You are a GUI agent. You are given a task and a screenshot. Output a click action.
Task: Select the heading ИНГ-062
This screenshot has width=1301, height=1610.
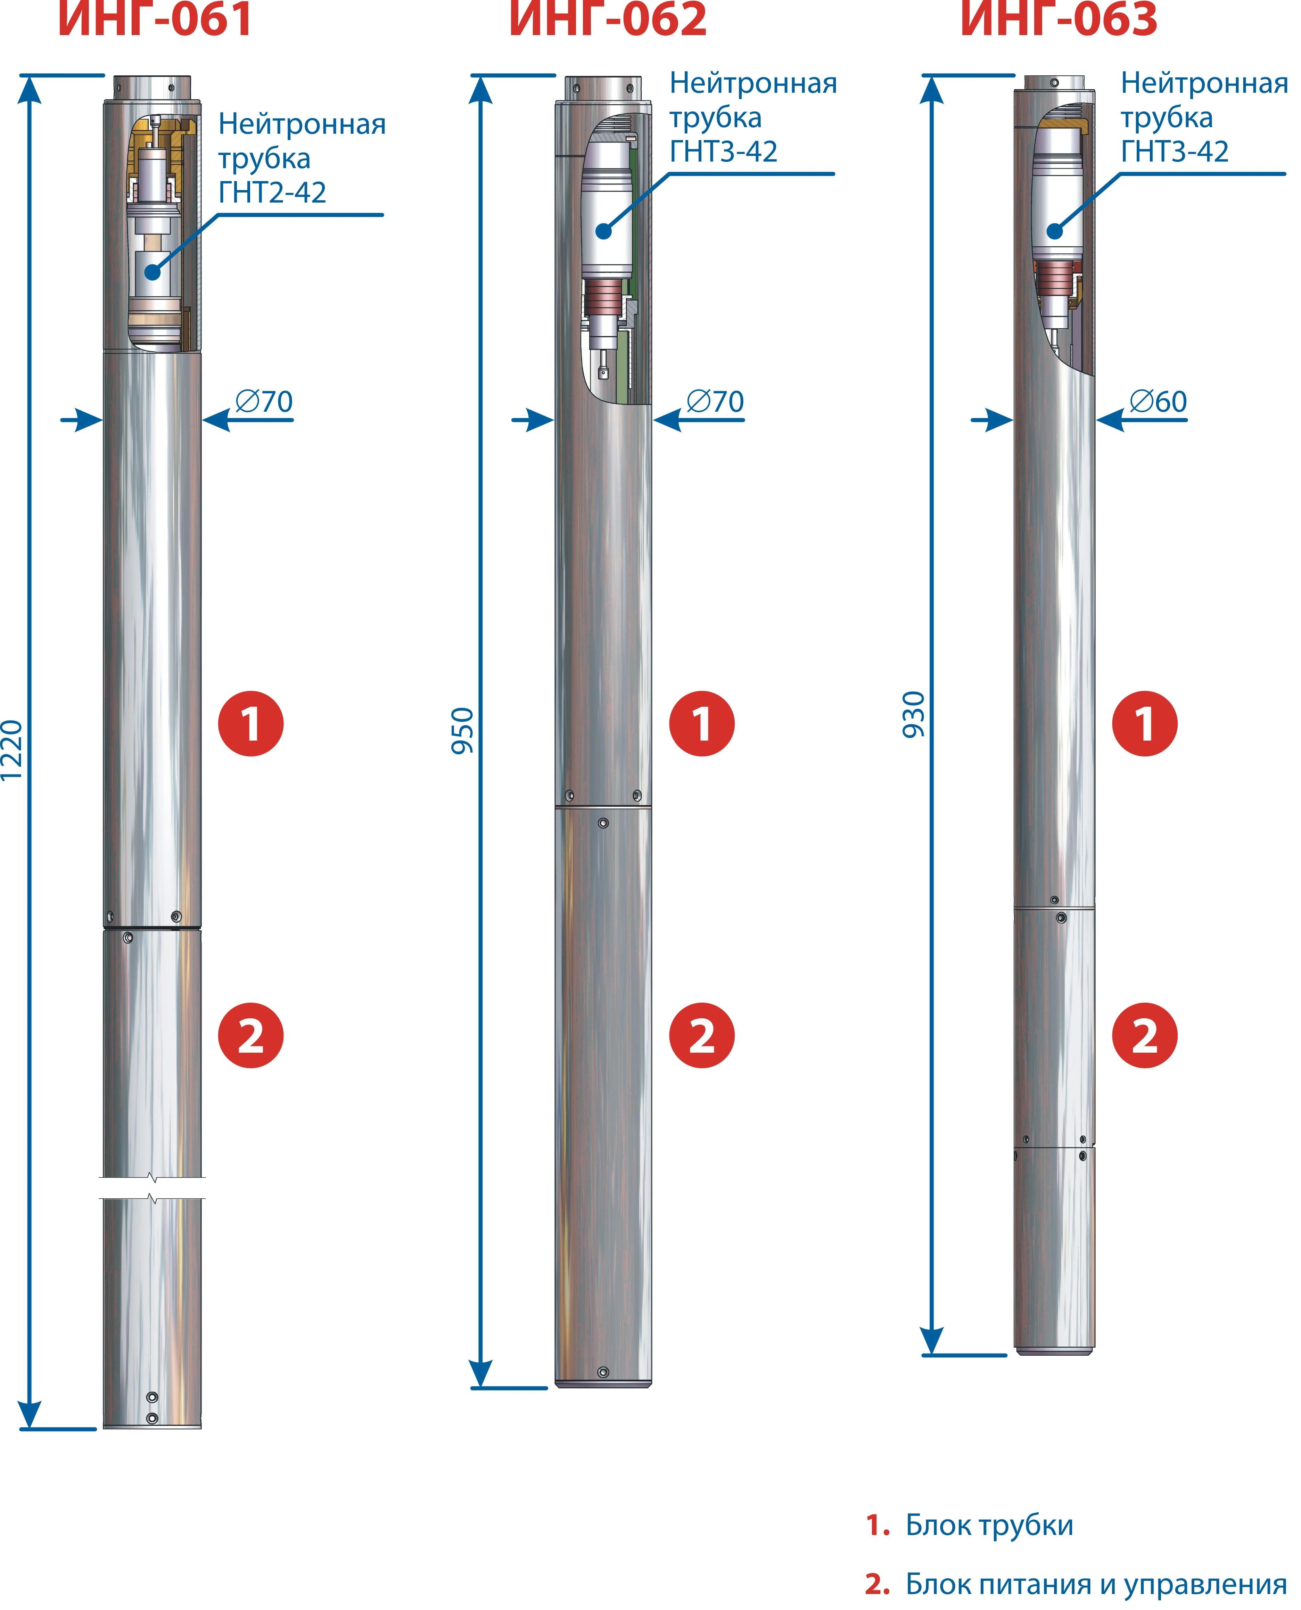[608, 18]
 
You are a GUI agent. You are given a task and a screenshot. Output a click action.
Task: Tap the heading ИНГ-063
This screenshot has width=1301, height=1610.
[1059, 18]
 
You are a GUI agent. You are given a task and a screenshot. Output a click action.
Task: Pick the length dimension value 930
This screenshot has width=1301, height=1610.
[914, 715]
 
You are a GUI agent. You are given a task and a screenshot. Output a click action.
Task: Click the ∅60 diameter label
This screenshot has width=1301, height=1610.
[1158, 402]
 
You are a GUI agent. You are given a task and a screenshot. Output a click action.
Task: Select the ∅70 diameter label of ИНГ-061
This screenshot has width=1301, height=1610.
[264, 402]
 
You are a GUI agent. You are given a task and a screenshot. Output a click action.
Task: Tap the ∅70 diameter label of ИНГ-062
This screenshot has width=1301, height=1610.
[715, 402]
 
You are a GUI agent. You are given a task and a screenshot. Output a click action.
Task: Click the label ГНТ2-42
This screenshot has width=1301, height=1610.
[272, 192]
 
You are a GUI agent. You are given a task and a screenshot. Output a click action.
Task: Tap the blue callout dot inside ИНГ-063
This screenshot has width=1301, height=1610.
[1054, 231]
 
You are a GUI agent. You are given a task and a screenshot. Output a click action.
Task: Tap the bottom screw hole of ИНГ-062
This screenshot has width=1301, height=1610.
[603, 1372]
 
